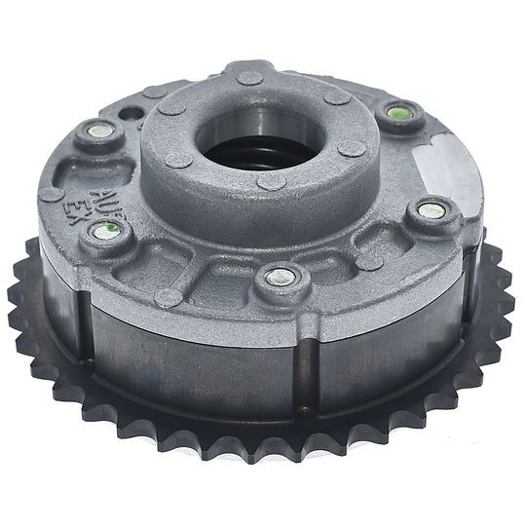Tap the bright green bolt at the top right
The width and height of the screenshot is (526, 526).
coord(396,113)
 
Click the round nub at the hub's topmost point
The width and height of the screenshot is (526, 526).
coord(250,77)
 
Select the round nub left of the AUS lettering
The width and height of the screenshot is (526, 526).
coord(53,193)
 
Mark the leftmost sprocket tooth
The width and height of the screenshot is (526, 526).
coord(17,292)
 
